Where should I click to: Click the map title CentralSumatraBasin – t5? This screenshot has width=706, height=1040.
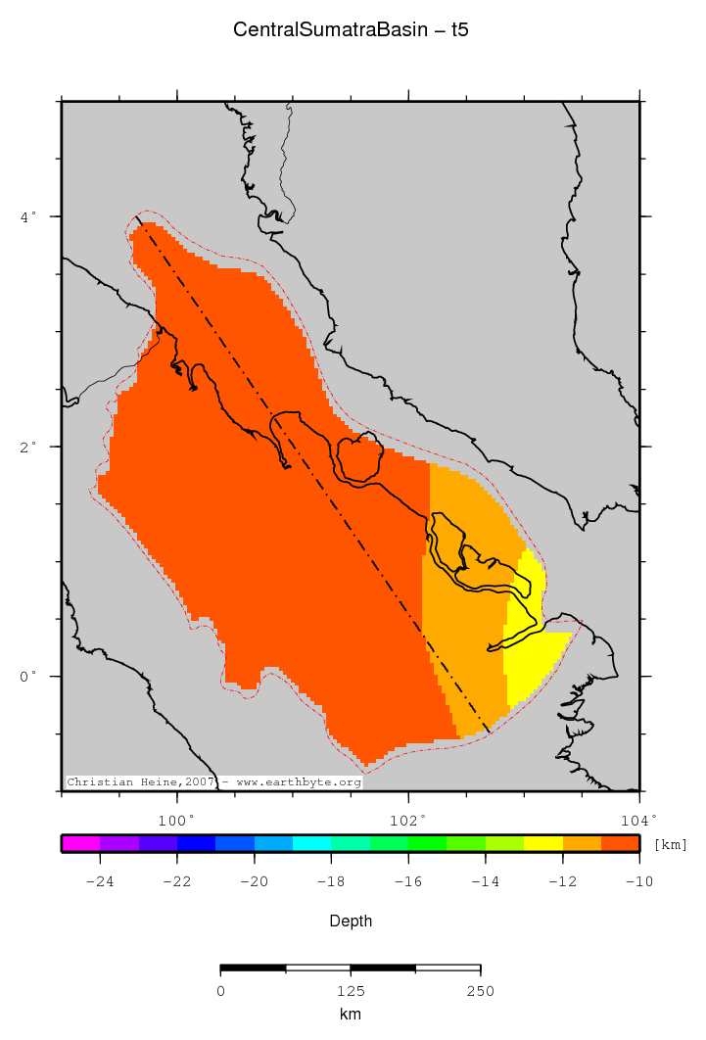click(351, 29)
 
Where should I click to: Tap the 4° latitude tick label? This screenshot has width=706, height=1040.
click(29, 215)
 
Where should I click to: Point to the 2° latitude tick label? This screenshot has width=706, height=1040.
click(29, 447)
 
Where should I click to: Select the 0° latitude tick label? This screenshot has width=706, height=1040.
click(29, 677)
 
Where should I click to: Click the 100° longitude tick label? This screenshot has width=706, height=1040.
click(176, 820)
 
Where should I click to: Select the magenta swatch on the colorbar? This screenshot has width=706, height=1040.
click(80, 843)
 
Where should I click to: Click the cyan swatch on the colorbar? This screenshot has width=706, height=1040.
click(311, 843)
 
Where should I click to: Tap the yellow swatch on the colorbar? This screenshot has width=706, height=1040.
click(542, 843)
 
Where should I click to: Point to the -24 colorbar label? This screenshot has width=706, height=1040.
click(99, 881)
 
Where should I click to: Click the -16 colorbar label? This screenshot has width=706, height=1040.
click(407, 881)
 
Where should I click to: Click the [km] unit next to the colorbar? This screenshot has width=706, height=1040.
click(670, 844)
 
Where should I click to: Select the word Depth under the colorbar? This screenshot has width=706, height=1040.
click(351, 922)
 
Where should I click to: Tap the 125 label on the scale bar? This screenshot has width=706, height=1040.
click(351, 991)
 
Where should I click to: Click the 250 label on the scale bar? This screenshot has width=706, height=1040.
click(480, 991)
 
